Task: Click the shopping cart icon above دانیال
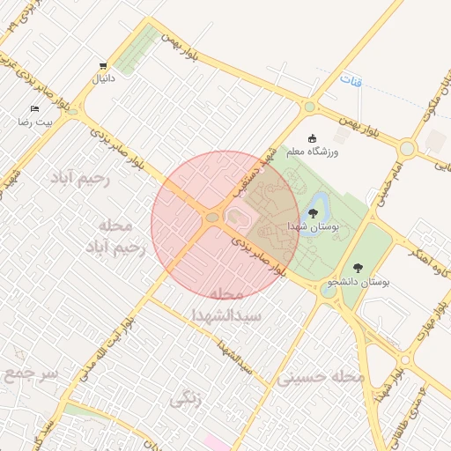(x=105, y=66)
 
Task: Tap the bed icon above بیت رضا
(x=34, y=109)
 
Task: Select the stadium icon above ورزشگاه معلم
(x=312, y=138)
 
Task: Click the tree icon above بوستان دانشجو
(x=358, y=267)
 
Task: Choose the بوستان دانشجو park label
(x=359, y=282)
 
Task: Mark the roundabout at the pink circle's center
(x=212, y=217)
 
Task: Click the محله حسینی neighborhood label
(x=321, y=377)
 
